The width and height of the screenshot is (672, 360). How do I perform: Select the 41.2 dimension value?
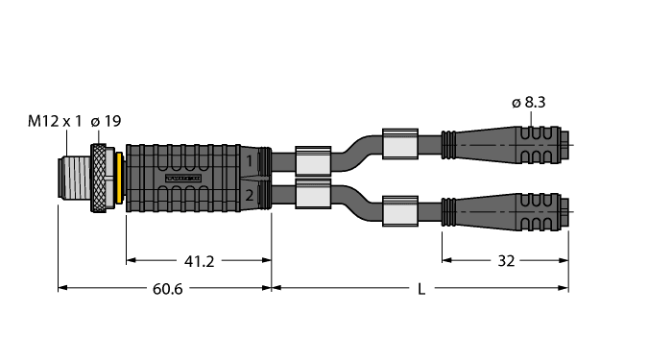pos(199,259)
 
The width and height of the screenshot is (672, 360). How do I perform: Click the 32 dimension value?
pos(506,259)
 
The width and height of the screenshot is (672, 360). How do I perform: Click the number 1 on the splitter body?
pos(250,161)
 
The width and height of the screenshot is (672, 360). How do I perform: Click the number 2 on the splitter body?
pos(250,196)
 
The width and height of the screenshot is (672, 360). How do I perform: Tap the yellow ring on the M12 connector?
pos(117,179)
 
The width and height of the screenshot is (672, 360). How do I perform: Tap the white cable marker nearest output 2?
pos(313,196)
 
